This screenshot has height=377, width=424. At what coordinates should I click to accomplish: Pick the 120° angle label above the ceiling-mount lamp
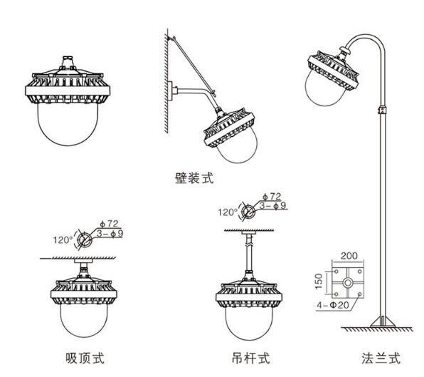click(x=63, y=240)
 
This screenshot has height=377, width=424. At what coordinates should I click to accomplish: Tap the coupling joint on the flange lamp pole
click(x=381, y=110)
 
